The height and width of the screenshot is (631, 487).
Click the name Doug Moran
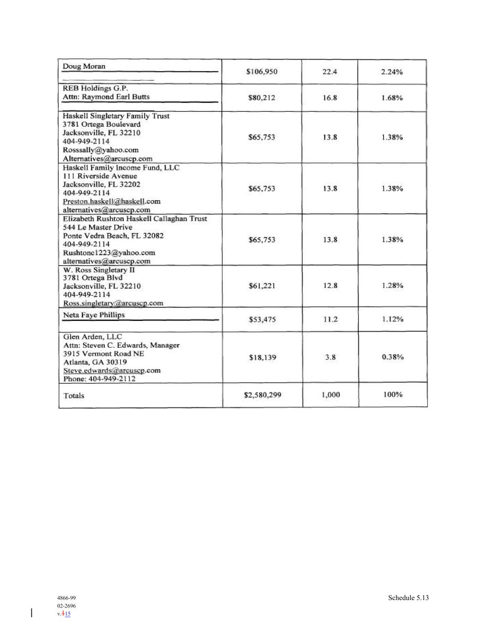(84, 66)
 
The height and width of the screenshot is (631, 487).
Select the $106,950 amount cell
(262, 72)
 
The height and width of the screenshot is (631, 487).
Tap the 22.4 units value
(330, 72)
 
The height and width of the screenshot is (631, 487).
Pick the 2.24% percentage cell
(392, 72)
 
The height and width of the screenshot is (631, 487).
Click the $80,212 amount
(262, 98)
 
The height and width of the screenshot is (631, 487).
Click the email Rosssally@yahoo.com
(101, 150)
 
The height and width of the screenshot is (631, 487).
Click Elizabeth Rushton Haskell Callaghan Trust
(135, 219)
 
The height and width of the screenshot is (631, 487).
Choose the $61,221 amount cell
(262, 286)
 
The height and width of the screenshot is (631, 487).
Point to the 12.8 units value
(330, 286)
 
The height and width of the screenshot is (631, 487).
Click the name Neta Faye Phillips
(94, 315)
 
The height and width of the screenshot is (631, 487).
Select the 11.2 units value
(330, 319)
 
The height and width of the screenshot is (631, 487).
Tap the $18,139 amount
(262, 357)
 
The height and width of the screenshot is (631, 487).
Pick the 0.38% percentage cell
(393, 357)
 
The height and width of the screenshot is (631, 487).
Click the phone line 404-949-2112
(99, 379)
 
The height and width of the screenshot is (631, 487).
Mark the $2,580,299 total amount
(262, 395)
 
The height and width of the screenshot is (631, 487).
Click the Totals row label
(74, 396)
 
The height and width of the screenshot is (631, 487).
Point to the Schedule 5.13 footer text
(408, 598)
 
